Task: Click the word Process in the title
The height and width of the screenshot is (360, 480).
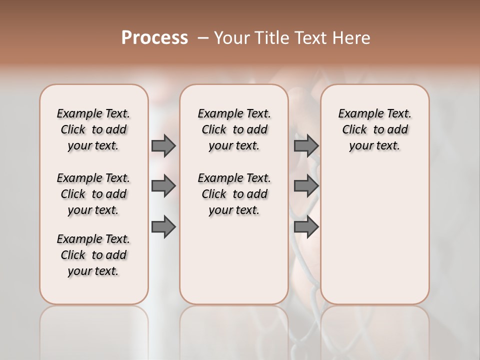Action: pyautogui.click(x=154, y=38)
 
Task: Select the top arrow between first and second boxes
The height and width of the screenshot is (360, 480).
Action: pyautogui.click(x=163, y=145)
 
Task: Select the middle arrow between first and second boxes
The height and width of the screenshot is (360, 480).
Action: pyautogui.click(x=163, y=186)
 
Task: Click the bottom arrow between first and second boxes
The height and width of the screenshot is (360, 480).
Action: pyautogui.click(x=163, y=226)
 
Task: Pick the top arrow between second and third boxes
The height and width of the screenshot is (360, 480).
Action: pyautogui.click(x=306, y=145)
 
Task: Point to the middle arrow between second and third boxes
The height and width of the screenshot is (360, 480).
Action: pyautogui.click(x=306, y=186)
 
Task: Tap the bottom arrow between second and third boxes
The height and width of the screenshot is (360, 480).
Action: pyautogui.click(x=306, y=226)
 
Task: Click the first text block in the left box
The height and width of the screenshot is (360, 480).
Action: pyautogui.click(x=93, y=129)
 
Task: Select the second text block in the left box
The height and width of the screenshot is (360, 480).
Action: pyautogui.click(x=93, y=194)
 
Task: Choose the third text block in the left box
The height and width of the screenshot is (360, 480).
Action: pyautogui.click(x=93, y=255)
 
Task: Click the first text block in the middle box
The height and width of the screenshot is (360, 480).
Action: pyautogui.click(x=234, y=129)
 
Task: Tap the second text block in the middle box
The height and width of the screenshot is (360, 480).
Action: pyautogui.click(x=234, y=194)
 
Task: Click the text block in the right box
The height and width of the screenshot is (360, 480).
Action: pyautogui.click(x=374, y=129)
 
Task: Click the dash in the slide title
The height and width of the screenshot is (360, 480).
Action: pyautogui.click(x=203, y=38)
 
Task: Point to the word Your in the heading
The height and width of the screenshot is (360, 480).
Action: pyautogui.click(x=231, y=38)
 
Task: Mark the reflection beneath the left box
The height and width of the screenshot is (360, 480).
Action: pyautogui.click(x=94, y=330)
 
